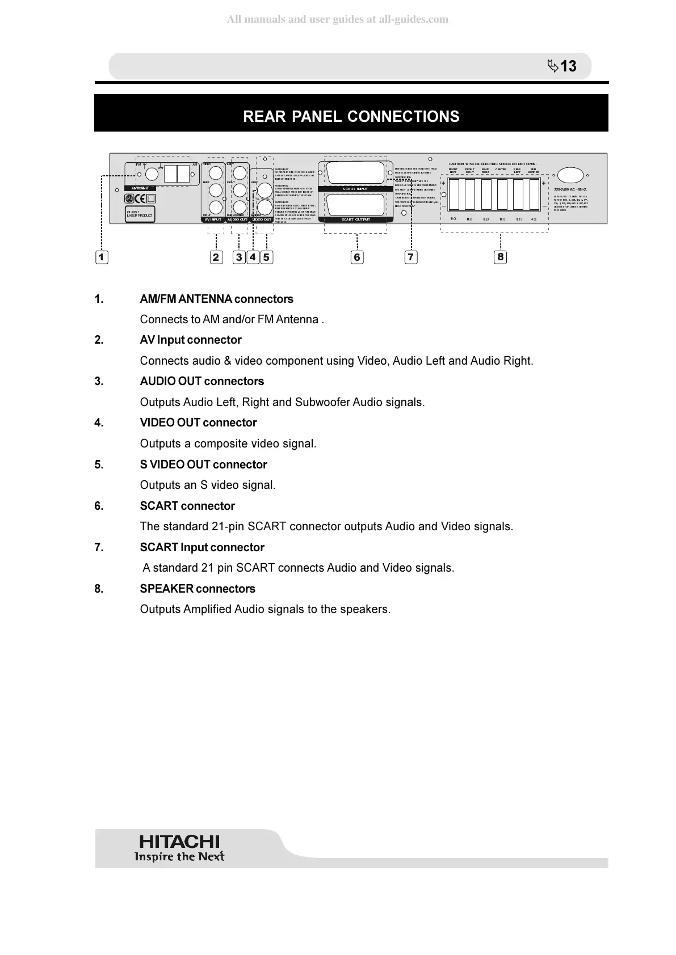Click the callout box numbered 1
[x=102, y=257]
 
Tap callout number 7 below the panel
[x=410, y=257]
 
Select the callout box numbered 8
[x=500, y=257]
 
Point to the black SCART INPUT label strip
[x=355, y=189]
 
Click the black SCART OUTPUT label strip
[x=355, y=219]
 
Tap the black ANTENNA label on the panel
[x=140, y=188]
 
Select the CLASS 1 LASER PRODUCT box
[x=140, y=214]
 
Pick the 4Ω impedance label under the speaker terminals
[x=534, y=219]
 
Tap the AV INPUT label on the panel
[x=215, y=219]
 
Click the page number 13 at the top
[x=568, y=66]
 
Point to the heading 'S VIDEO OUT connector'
[x=203, y=464]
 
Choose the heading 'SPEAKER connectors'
[x=198, y=589]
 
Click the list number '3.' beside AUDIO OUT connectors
[x=99, y=381]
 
